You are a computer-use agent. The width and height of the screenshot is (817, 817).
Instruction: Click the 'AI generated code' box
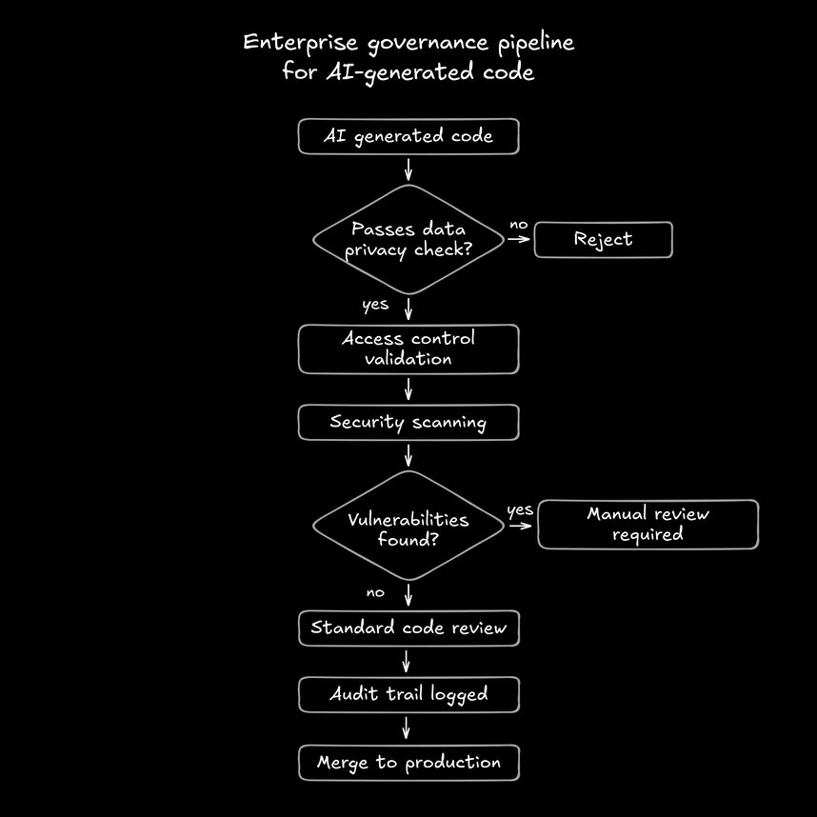[x=408, y=136]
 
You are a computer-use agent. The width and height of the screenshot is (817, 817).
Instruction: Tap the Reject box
[x=603, y=239]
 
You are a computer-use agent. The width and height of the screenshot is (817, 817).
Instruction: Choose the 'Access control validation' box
[x=408, y=349]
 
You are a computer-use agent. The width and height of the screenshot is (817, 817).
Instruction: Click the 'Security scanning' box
[x=408, y=422]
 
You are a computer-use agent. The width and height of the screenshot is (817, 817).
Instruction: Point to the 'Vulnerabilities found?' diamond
[x=408, y=526]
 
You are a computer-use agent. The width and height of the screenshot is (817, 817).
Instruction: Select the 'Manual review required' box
[x=648, y=525]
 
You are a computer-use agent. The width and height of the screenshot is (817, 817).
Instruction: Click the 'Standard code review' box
[x=408, y=628]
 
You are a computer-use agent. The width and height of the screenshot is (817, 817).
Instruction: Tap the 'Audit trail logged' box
[x=408, y=694]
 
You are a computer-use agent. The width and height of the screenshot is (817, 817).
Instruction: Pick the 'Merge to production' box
[x=408, y=763]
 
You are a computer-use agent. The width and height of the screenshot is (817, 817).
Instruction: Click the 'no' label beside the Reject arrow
[x=518, y=225]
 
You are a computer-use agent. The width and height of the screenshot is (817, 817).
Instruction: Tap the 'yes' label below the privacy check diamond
[x=375, y=306]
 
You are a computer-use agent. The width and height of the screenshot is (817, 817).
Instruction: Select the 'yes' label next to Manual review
[x=520, y=510]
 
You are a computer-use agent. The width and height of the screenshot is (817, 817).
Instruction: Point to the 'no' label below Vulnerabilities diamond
[x=375, y=592]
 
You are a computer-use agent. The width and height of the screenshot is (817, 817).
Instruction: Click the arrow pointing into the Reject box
[x=519, y=239]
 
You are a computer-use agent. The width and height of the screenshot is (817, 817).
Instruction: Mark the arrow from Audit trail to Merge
[x=408, y=728]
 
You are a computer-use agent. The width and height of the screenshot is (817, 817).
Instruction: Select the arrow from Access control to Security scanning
[x=408, y=389]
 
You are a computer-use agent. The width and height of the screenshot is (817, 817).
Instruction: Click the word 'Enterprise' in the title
[x=289, y=44]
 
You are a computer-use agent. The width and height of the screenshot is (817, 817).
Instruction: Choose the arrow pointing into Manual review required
[x=523, y=525]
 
